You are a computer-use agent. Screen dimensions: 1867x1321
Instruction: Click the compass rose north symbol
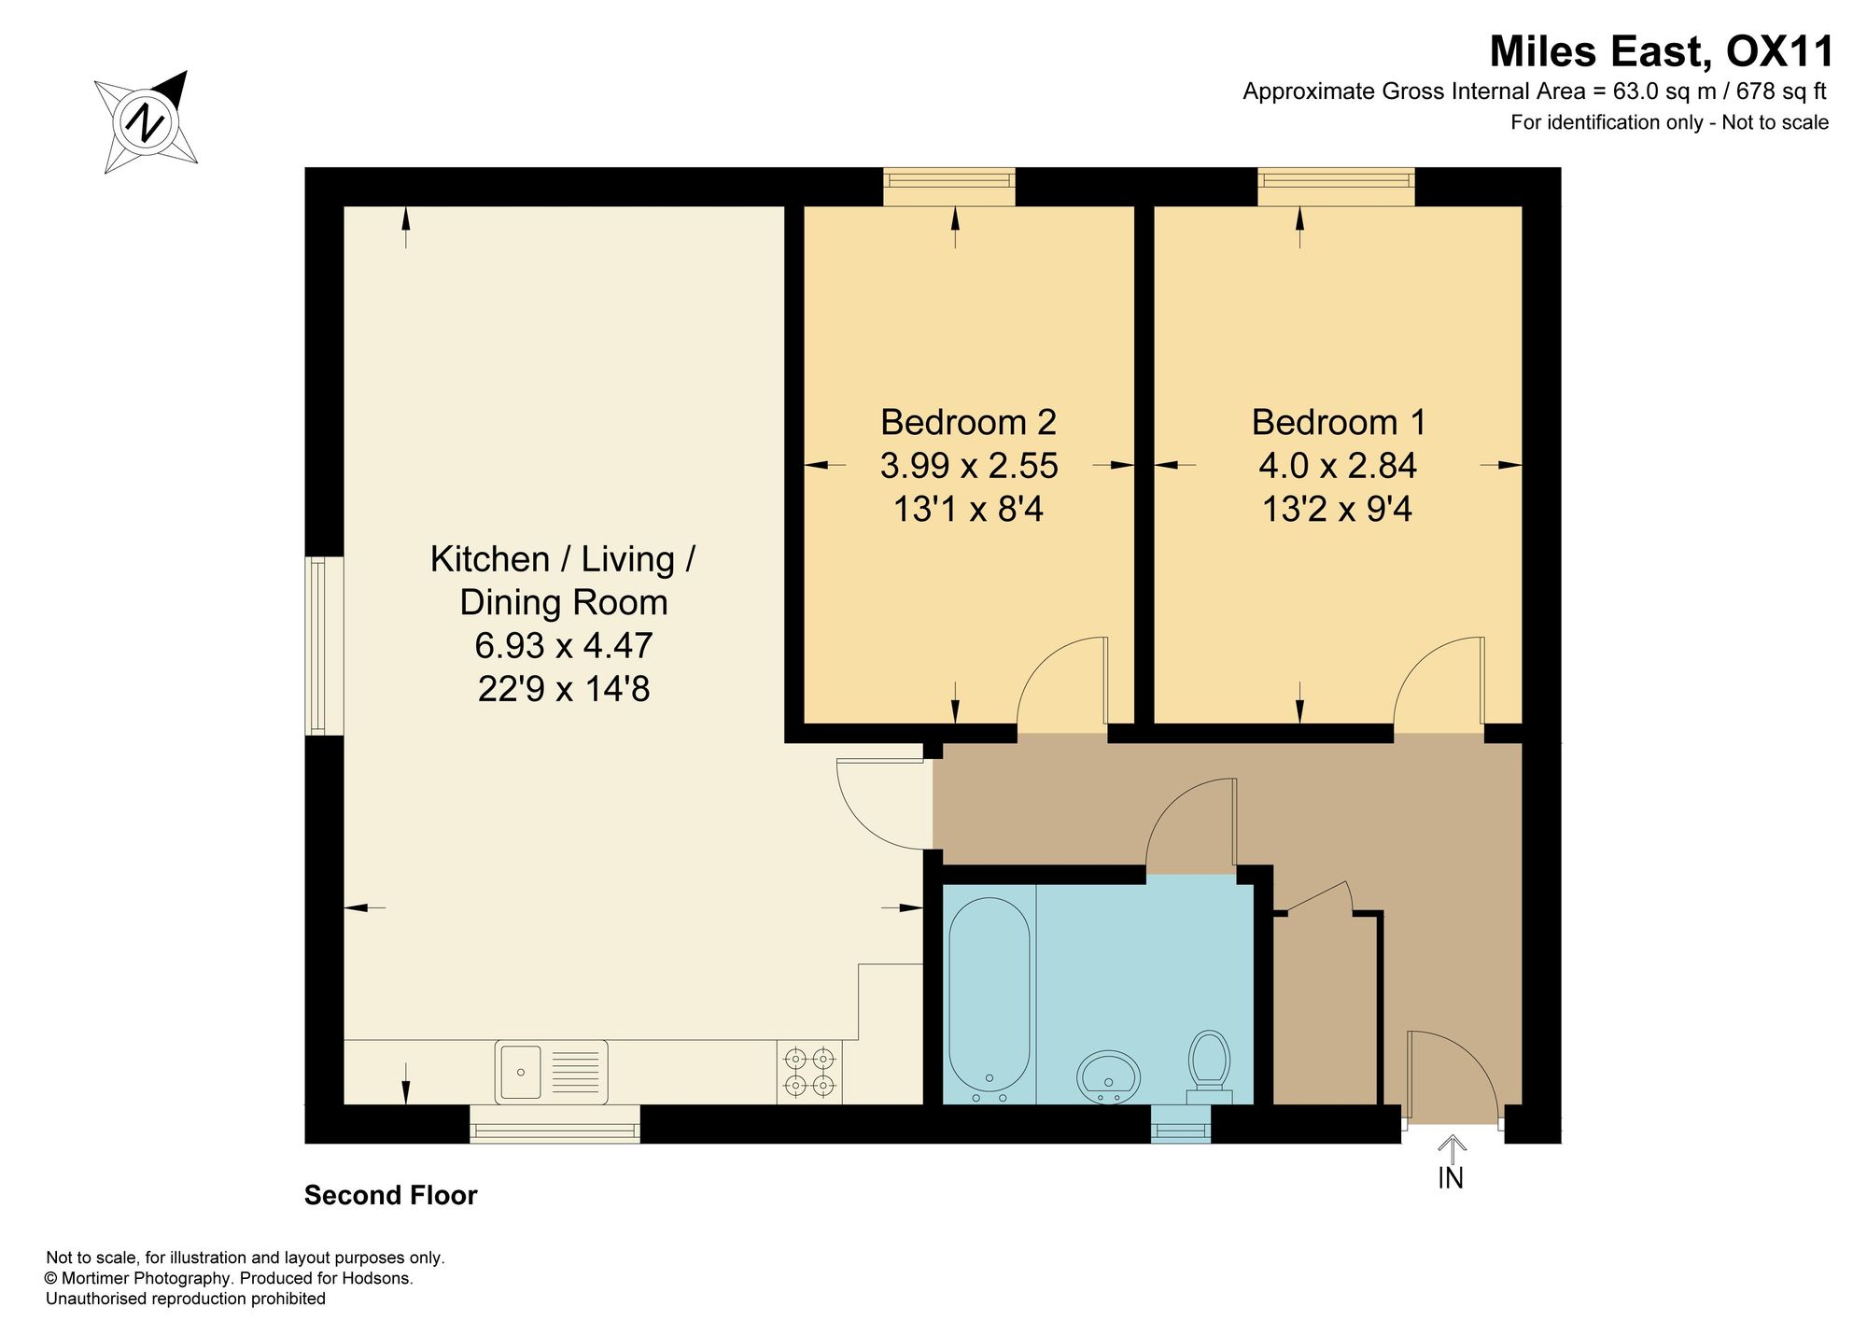tap(147, 121)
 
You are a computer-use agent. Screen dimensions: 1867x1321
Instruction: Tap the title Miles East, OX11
tap(1662, 51)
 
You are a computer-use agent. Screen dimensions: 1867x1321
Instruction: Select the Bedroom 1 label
tap(1339, 422)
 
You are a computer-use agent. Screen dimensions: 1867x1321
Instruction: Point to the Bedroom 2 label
tap(968, 422)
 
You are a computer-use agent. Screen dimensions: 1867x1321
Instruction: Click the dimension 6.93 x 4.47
tap(564, 645)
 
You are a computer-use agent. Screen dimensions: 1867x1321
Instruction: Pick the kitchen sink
tap(552, 1072)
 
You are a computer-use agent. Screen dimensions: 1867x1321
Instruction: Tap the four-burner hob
tap(809, 1073)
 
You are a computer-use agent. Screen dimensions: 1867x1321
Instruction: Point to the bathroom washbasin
tap(1109, 1076)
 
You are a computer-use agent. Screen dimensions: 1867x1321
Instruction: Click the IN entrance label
tap(1451, 1179)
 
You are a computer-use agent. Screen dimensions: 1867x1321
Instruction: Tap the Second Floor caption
tap(390, 1195)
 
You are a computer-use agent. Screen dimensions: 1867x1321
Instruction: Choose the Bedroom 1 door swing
tap(1439, 682)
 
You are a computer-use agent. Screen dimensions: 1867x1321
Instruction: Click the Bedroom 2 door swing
tap(1061, 682)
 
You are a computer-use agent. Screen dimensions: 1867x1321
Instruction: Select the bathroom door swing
tap(1191, 825)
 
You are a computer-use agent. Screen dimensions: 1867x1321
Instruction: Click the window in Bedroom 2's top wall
tap(949, 187)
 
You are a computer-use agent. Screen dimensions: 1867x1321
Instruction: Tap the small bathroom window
tap(1181, 1124)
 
